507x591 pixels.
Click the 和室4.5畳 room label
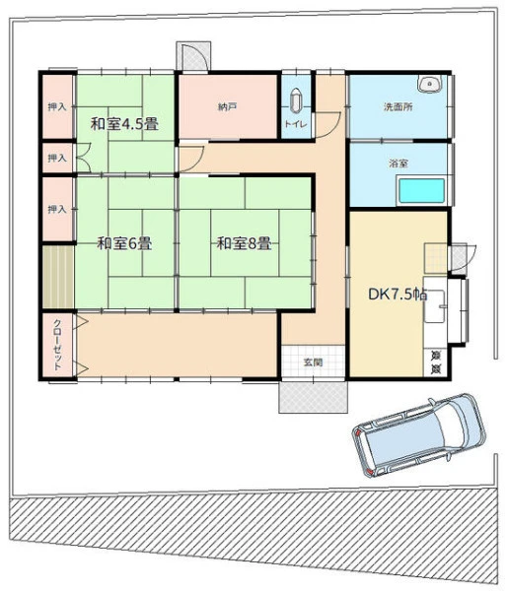(124, 124)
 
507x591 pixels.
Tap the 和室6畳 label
(124, 243)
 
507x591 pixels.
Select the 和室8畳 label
(244, 243)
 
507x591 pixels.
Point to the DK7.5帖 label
(398, 295)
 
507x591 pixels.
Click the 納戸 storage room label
(227, 107)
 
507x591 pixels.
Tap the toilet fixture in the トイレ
(296, 100)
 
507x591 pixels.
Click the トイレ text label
(296, 124)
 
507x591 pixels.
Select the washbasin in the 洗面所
(430, 84)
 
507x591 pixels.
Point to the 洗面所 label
(398, 107)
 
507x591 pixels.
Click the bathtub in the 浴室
(422, 191)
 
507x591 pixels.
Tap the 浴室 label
(398, 164)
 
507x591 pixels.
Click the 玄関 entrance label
(314, 362)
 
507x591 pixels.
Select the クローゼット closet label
(57, 345)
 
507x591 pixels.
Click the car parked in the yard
(419, 435)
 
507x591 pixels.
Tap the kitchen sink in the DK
(435, 306)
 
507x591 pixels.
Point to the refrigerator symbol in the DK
(436, 362)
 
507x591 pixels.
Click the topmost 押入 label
(57, 107)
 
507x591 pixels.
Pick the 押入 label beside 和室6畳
(57, 209)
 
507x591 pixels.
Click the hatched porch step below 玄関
(313, 397)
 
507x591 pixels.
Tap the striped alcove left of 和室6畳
(58, 277)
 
